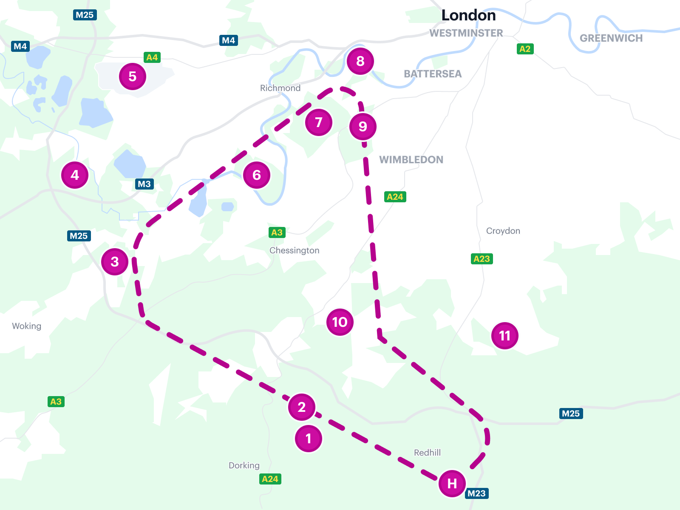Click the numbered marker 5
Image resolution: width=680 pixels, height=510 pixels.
(133, 76)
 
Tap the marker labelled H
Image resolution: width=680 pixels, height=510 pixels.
(452, 483)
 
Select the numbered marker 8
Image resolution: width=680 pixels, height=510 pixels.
(360, 61)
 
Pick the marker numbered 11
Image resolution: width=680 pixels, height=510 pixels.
(505, 336)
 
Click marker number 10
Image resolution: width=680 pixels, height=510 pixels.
(340, 322)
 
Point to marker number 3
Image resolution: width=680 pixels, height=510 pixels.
(115, 262)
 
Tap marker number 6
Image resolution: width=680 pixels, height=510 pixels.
(257, 175)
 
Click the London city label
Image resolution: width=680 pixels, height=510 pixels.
(468, 15)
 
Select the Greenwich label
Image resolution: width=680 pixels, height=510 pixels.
(611, 38)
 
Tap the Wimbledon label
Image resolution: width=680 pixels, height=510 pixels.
(411, 160)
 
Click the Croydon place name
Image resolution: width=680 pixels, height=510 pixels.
(503, 231)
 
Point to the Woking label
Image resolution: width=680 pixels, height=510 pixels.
(27, 326)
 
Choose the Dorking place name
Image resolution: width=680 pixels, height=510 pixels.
(244, 465)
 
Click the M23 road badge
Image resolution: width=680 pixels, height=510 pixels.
(477, 493)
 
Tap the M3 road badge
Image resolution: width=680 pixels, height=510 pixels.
(144, 184)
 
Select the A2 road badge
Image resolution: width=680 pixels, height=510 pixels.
(525, 49)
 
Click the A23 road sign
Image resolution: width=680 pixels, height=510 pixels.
(482, 259)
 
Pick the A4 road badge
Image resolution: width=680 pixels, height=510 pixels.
(152, 57)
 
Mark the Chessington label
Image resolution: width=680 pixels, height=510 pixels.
(294, 250)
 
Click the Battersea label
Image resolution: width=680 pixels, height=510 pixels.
(432, 74)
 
